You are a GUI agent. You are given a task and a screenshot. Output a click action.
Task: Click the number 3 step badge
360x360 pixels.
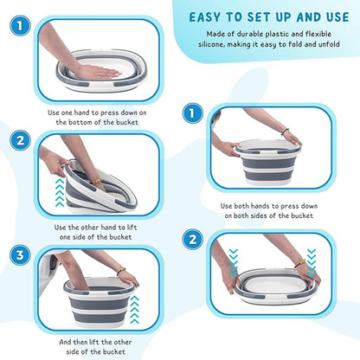point(20,255)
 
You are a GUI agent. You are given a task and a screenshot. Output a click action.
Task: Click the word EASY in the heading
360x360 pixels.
point(205,17)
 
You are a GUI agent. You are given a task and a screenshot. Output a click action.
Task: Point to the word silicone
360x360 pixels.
point(211,44)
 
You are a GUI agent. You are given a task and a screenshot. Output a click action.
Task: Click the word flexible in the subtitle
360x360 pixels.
point(318,34)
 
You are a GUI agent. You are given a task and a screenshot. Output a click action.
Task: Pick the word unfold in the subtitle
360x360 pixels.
point(329,44)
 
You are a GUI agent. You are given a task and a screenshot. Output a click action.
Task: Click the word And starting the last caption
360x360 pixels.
point(65,342)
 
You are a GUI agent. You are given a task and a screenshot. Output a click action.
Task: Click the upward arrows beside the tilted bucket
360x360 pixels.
point(60,192)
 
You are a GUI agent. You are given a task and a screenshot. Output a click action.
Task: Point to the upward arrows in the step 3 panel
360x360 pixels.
point(134,310)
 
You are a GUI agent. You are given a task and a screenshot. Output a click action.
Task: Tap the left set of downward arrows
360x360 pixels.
point(233,262)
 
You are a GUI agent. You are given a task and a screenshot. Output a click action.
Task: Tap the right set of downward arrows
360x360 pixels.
point(312,262)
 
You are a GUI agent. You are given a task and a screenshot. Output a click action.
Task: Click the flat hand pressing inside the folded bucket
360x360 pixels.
point(96,71)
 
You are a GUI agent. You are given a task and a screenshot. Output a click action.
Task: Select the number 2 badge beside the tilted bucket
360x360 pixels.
point(20,140)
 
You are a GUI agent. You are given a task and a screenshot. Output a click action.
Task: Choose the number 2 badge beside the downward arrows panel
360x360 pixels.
point(192,239)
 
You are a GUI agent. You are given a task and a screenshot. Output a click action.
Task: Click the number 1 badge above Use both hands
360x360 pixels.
point(192,113)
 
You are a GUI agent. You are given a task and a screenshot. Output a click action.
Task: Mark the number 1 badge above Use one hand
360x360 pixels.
point(20,26)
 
